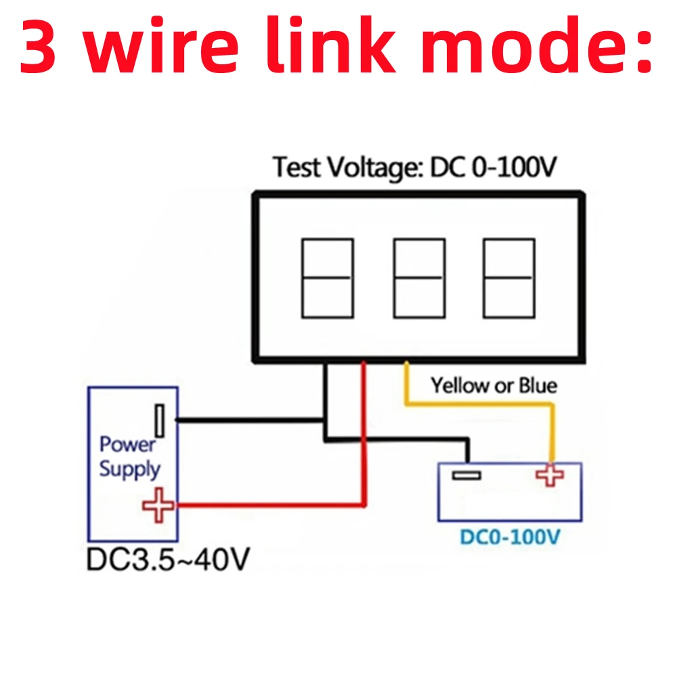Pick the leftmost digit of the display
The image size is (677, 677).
point(327,278)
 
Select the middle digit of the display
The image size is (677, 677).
point(419,278)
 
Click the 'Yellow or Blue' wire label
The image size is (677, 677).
point(494,386)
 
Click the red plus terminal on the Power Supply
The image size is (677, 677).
point(158,505)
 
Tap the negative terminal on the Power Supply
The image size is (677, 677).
point(160,420)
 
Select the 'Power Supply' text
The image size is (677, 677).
point(129,457)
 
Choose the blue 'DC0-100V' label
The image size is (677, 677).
point(510,538)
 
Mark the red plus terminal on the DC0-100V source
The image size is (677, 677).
point(550,475)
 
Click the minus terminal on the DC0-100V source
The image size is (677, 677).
point(466,475)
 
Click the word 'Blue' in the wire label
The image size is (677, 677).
point(538,386)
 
